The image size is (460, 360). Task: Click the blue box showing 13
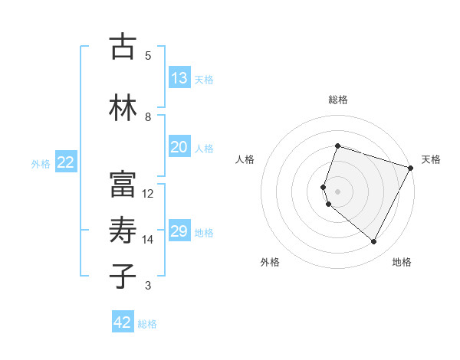tap(179, 78)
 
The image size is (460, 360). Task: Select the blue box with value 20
tap(179, 148)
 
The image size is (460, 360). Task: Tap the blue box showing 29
tap(179, 232)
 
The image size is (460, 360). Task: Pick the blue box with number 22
tap(66, 162)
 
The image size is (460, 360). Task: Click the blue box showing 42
tap(122, 323)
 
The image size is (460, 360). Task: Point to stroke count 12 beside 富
tap(148, 194)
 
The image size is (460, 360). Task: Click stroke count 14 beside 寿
tap(148, 240)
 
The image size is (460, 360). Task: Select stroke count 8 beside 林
tap(148, 116)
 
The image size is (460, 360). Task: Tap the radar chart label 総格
tap(337, 100)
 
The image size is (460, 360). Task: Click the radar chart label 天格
tap(431, 159)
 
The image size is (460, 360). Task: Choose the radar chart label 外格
tap(270, 263)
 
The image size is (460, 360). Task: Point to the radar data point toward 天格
tap(411, 168)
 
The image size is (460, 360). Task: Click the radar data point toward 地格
tap(374, 242)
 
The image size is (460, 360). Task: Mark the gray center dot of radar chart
tap(337, 191)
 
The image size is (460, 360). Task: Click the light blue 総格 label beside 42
tap(147, 324)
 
